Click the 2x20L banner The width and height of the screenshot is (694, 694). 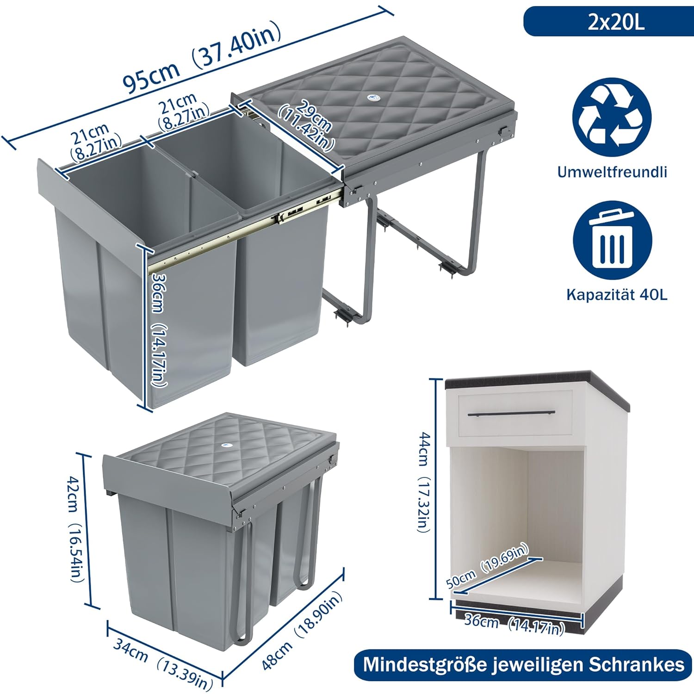tap(608, 21)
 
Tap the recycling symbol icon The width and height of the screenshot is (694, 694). tap(612, 117)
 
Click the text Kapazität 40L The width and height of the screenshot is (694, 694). tap(617, 295)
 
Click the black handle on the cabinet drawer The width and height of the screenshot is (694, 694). tap(511, 414)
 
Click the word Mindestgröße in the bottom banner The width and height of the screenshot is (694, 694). tap(425, 665)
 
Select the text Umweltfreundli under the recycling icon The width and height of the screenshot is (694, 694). tap(612, 172)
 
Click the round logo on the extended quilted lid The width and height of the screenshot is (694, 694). tap(372, 98)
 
